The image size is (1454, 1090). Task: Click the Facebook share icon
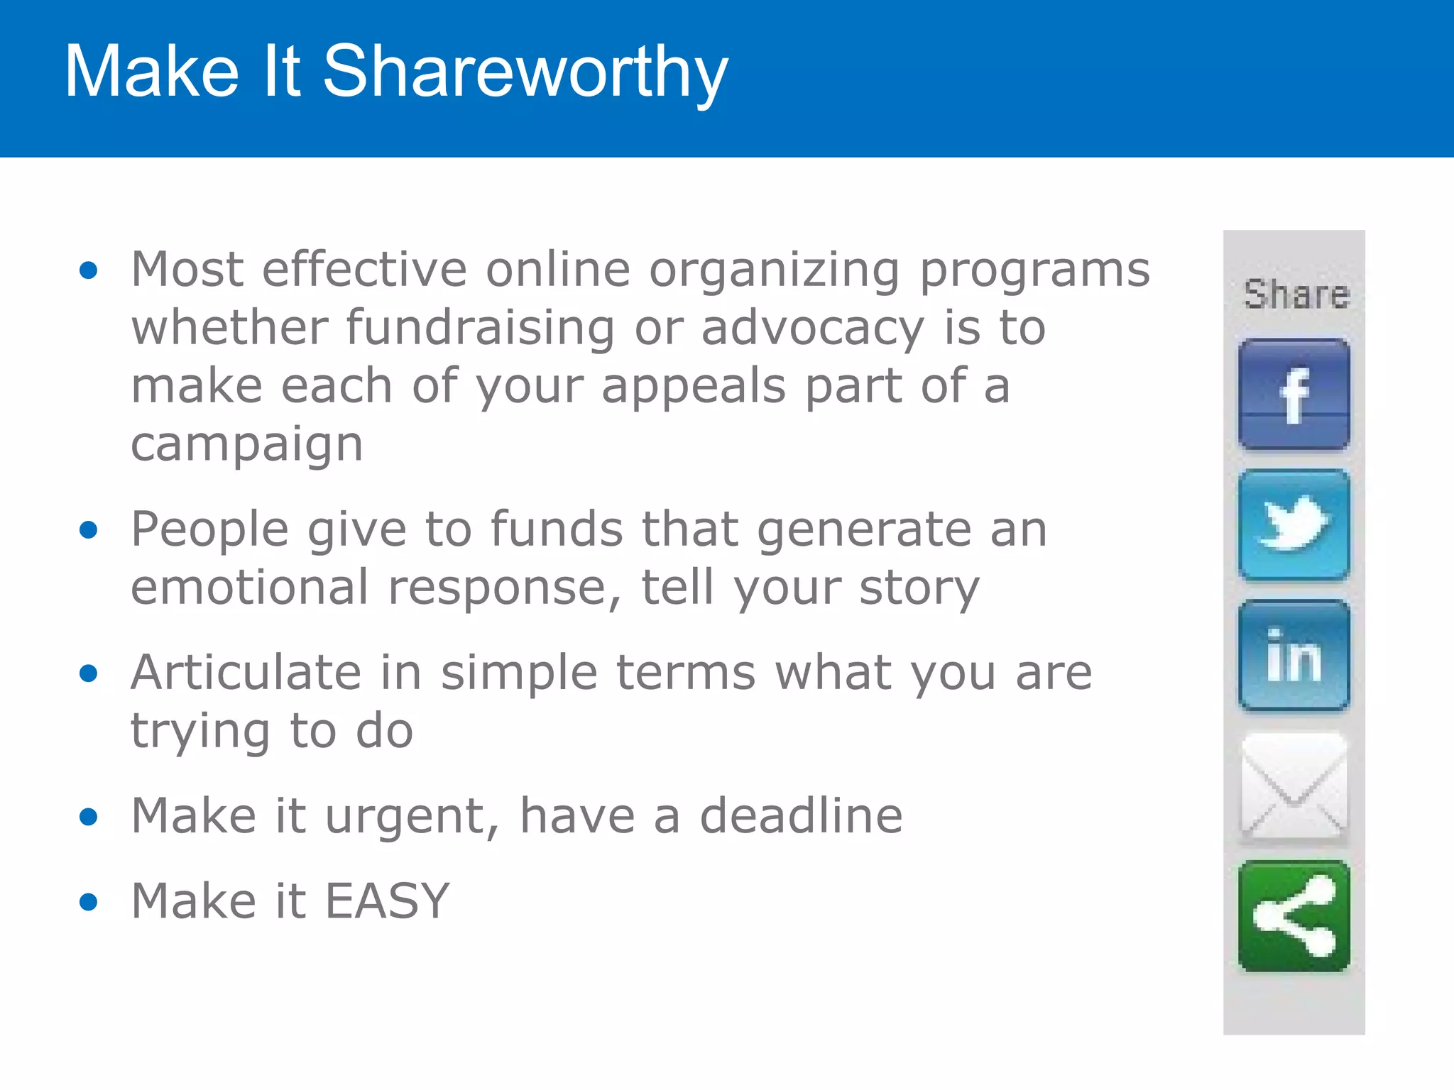point(1294,395)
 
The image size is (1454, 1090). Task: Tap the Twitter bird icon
point(1294,525)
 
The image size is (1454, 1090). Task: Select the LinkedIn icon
point(1294,656)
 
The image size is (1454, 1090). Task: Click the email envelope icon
point(1294,786)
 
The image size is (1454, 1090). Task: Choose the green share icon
point(1294,916)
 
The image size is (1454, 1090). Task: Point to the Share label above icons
point(1296,294)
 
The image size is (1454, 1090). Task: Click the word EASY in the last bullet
point(388,901)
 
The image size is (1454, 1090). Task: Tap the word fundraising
point(480,329)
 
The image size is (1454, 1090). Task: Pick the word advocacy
point(813,329)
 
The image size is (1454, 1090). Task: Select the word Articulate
point(246,672)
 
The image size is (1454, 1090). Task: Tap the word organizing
point(775,272)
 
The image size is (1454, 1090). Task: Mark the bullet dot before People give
point(89,530)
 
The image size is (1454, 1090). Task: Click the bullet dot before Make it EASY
point(89,902)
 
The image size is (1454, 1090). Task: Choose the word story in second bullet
point(919,589)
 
